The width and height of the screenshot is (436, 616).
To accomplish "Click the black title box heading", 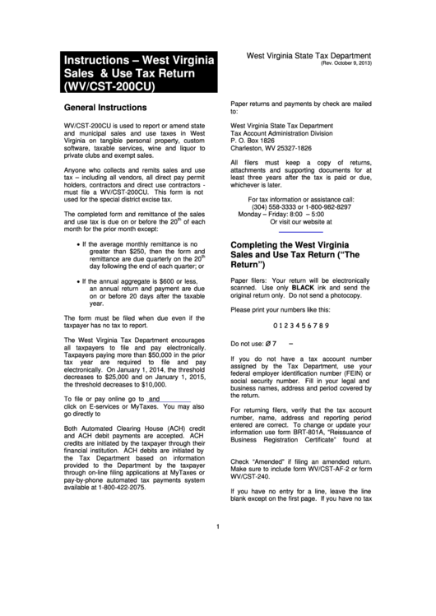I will point(141,72).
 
